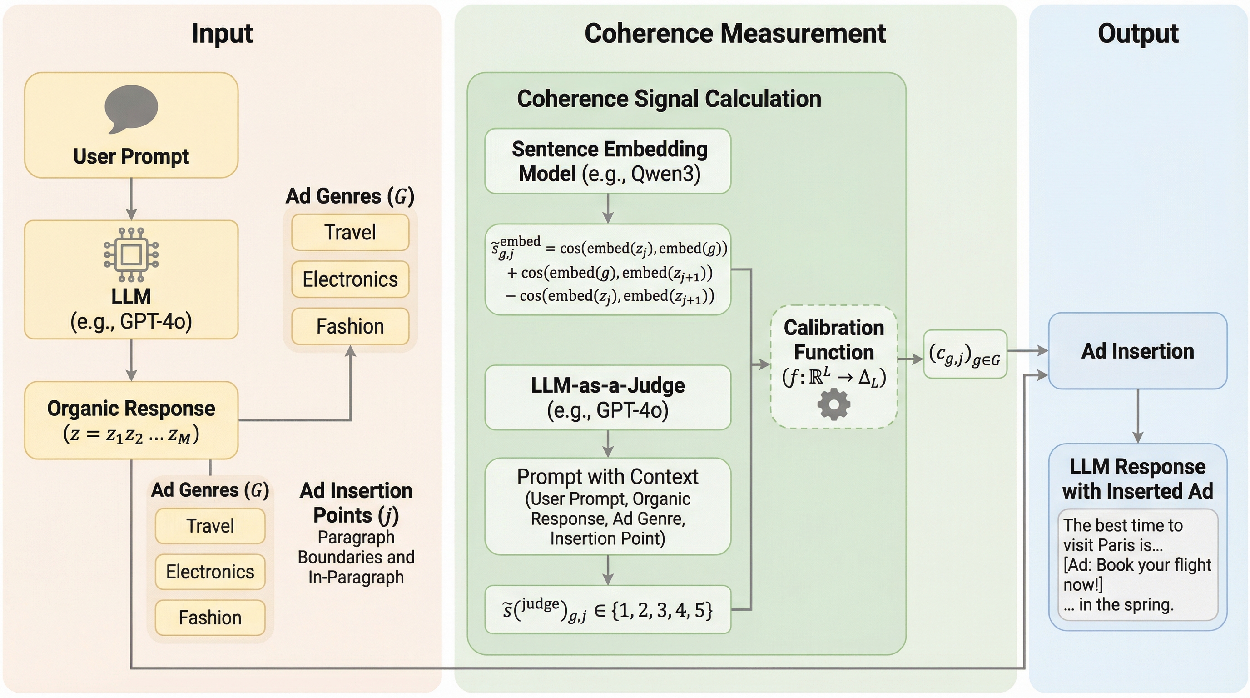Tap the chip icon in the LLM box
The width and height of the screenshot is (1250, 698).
(x=131, y=254)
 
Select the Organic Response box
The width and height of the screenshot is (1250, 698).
(x=131, y=420)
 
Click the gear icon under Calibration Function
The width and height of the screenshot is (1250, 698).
(x=833, y=404)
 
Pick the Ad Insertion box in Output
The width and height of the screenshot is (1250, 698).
(x=1137, y=351)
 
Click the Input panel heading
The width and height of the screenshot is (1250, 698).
(x=222, y=34)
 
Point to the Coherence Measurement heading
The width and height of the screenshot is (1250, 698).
(x=734, y=34)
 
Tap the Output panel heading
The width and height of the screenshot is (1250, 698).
(x=1138, y=34)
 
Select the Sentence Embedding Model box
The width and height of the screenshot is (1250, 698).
(x=608, y=161)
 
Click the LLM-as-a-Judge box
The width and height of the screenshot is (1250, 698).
(x=608, y=398)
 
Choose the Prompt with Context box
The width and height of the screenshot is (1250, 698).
(x=608, y=506)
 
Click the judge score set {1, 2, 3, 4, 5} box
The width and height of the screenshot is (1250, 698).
(x=608, y=610)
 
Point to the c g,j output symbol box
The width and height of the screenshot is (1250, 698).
(x=965, y=354)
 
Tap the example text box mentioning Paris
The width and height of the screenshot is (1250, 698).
(x=1137, y=564)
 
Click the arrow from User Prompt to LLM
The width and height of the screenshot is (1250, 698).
(x=131, y=199)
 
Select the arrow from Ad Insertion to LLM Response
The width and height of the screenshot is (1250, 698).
(x=1138, y=416)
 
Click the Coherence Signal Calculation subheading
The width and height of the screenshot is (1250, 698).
(x=669, y=99)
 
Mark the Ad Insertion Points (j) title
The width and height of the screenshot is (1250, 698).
(x=356, y=503)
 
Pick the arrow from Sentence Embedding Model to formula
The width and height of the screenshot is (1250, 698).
(x=608, y=209)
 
